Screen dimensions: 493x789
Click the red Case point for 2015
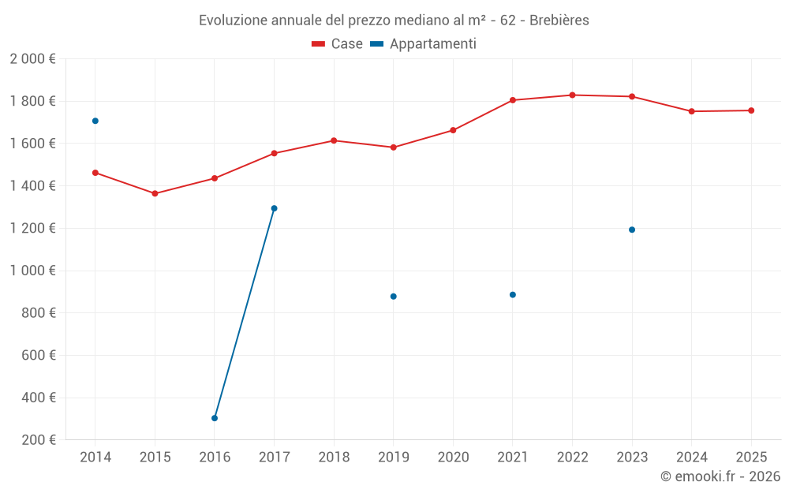(x=155, y=193)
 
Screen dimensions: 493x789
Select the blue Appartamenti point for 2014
(x=95, y=121)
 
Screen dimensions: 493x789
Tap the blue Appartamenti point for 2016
(x=215, y=418)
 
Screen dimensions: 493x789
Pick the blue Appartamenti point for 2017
(x=275, y=208)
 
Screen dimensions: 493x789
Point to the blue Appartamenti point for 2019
(x=394, y=297)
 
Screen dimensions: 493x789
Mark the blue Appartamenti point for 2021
(x=513, y=295)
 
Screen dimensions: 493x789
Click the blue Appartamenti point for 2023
(x=632, y=230)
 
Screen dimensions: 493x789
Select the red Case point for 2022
(x=572, y=95)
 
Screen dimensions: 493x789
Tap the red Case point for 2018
(x=334, y=140)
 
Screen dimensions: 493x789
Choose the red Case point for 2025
(x=751, y=110)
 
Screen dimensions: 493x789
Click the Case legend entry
(x=338, y=44)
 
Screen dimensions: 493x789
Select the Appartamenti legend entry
(x=424, y=44)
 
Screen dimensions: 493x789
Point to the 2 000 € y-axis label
(x=32, y=58)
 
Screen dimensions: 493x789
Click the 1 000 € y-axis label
(x=32, y=271)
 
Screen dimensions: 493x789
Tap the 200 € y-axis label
(x=37, y=440)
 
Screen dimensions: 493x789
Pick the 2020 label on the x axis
(x=453, y=458)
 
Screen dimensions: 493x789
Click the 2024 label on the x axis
(x=691, y=458)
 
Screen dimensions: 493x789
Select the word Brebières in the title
(x=559, y=21)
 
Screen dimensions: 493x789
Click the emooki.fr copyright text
(x=720, y=476)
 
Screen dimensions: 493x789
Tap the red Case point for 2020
(x=453, y=130)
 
